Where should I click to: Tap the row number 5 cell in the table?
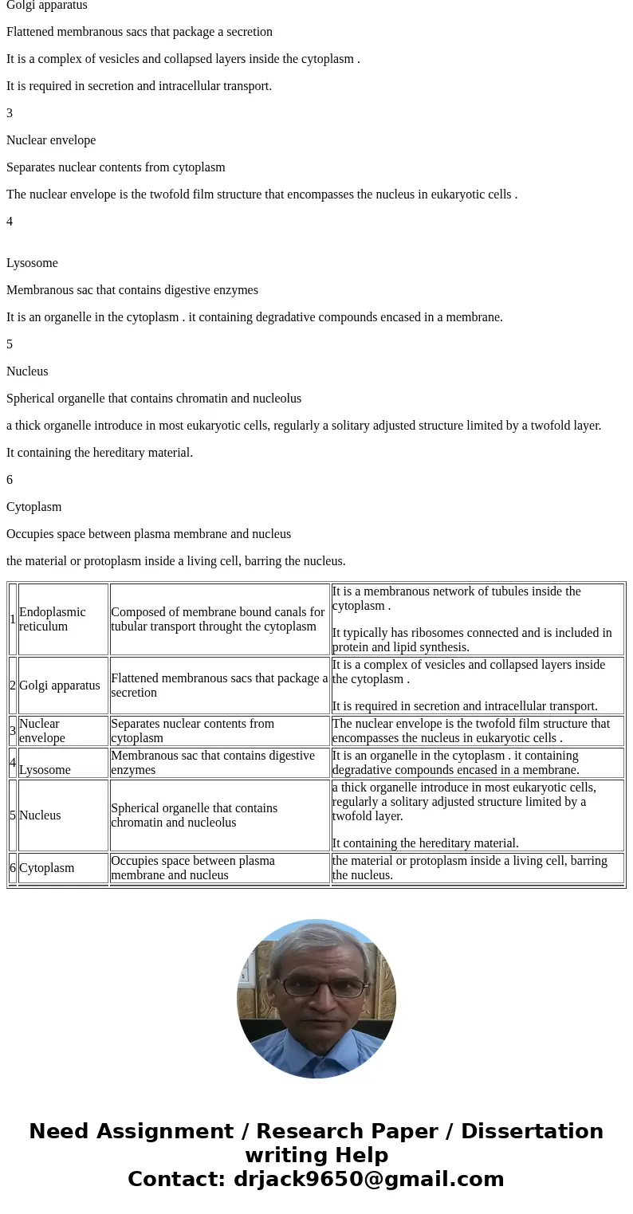[x=13, y=815]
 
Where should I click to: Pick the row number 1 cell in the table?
[x=13, y=619]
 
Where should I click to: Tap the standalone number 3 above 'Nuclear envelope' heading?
[x=10, y=113]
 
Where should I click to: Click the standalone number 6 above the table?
[x=10, y=480]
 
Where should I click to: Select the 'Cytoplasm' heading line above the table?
[x=33, y=507]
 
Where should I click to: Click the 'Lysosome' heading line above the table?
[x=32, y=263]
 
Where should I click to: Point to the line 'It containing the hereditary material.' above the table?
[x=100, y=453]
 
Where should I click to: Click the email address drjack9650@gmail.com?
[x=368, y=1180]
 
